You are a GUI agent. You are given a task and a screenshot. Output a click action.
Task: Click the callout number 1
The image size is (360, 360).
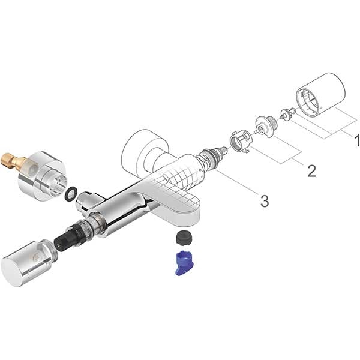356,141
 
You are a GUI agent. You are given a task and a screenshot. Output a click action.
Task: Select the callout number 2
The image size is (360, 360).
311,170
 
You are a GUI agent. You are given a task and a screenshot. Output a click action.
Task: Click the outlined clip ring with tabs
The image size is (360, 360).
241,143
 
